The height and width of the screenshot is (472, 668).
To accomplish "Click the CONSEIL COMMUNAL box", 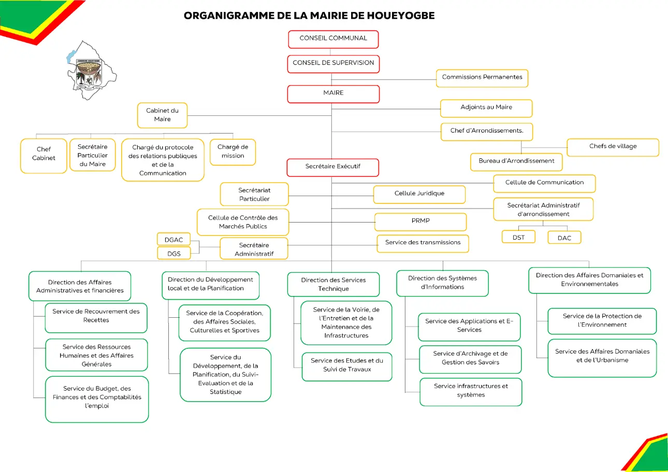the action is (x=333, y=39).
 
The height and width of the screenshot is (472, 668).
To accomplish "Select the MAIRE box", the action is (x=333, y=94).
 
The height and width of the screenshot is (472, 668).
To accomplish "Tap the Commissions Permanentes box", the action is (x=482, y=78).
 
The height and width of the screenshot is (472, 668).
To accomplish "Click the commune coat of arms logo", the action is (x=89, y=74).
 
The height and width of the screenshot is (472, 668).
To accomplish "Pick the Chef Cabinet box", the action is (x=43, y=156).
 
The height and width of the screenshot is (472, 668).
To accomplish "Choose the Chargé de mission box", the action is (x=233, y=152).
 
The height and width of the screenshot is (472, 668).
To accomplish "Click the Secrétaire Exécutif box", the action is (x=333, y=168).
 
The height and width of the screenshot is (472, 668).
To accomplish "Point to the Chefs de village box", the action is (x=613, y=147).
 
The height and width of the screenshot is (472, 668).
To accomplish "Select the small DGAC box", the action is (x=173, y=239).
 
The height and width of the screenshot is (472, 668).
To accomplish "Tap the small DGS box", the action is (x=174, y=253).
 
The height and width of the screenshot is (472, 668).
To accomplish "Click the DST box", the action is (x=518, y=237).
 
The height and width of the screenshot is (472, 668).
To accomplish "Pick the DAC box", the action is (x=564, y=238).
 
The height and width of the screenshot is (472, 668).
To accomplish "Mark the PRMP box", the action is (x=420, y=222).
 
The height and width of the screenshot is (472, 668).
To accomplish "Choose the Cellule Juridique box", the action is (x=419, y=194).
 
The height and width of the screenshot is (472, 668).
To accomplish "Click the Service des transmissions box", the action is (x=423, y=243).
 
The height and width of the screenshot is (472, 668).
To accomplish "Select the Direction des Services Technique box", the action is (x=333, y=284).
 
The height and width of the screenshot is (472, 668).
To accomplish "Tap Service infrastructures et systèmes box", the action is (x=471, y=392).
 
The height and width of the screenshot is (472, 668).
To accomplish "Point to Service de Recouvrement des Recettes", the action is (x=96, y=318).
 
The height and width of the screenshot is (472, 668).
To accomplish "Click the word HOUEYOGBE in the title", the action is (x=400, y=16).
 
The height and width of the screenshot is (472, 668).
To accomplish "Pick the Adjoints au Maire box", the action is (x=486, y=108).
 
